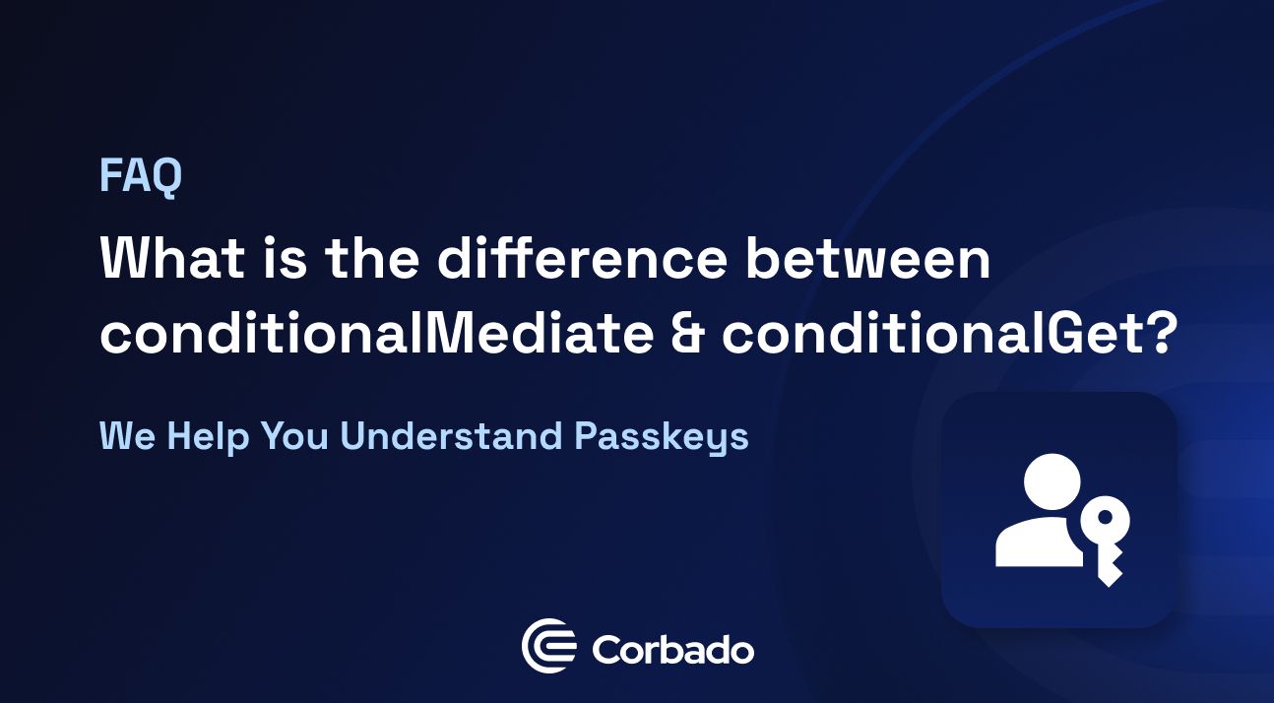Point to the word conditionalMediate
(376, 336)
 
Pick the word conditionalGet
(934, 336)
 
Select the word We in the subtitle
(128, 436)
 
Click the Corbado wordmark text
(673, 650)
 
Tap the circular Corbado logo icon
(548, 647)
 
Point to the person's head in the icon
(1052, 480)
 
